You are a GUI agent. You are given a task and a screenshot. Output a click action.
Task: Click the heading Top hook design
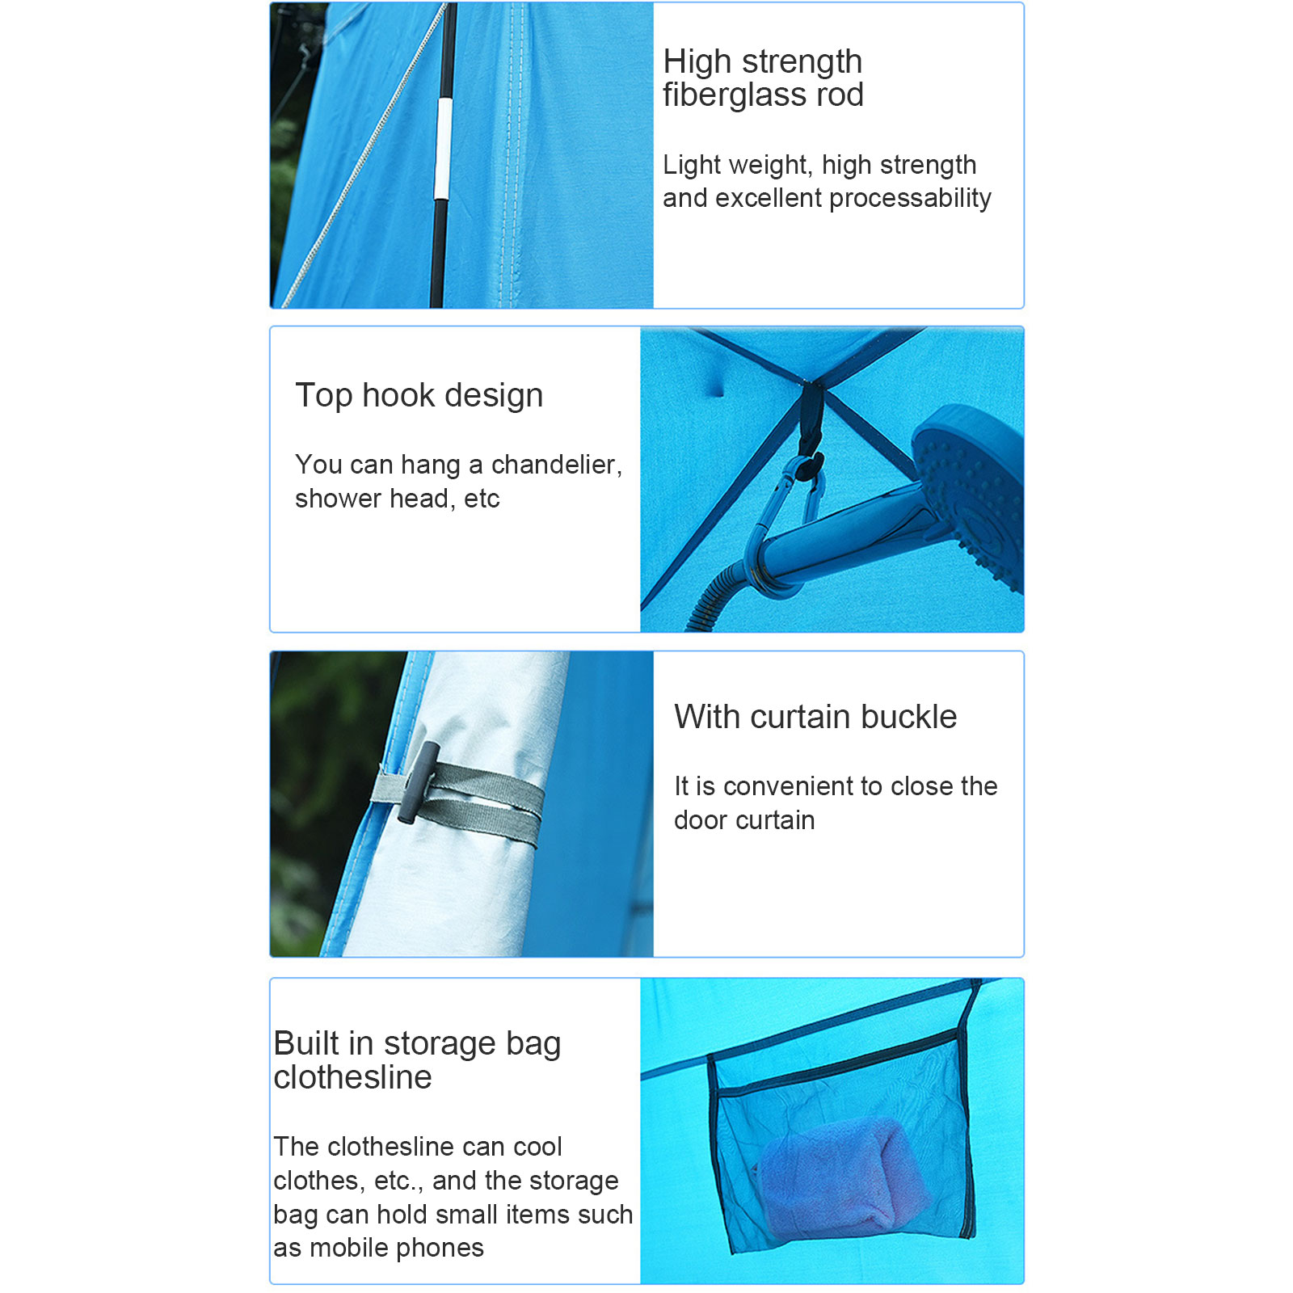[419, 396]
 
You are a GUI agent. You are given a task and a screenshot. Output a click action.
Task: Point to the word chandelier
[557, 465]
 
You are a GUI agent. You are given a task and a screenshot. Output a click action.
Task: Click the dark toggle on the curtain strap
[419, 782]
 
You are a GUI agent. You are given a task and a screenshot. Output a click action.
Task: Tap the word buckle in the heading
[908, 717]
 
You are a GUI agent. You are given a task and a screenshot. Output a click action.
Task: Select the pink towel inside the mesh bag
[832, 1177]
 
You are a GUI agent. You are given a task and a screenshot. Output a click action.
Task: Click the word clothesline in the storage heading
[352, 1077]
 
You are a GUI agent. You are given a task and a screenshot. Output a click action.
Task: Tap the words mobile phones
[397, 1249]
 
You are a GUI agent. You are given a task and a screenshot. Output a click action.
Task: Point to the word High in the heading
[697, 62]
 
